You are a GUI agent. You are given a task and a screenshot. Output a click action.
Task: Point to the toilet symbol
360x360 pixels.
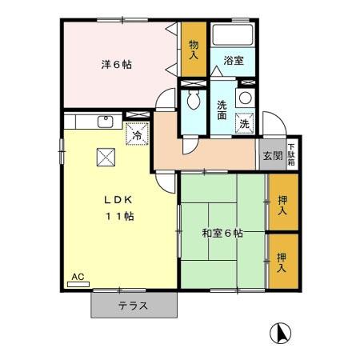click(x=193, y=101)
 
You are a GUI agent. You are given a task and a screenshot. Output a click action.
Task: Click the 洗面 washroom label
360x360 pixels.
click(x=224, y=109)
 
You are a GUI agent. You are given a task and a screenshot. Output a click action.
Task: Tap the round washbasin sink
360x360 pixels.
click(x=245, y=98)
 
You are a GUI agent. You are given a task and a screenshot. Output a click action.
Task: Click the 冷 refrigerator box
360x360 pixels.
click(x=137, y=135)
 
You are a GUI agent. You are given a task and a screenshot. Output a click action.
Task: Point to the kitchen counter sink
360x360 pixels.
click(x=104, y=122)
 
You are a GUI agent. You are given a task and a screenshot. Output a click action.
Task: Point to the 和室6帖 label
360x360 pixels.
click(x=222, y=234)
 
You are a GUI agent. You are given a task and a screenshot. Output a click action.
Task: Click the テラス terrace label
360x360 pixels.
click(x=133, y=306)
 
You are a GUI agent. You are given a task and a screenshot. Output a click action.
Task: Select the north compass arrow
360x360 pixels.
click(x=280, y=330)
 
